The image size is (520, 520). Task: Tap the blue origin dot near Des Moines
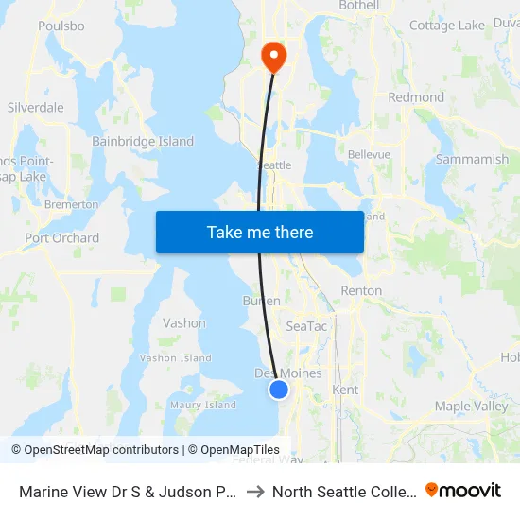tap(279, 389)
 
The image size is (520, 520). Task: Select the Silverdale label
tap(36, 108)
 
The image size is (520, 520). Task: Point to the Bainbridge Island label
tap(143, 142)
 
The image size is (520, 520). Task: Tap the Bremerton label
tap(71, 204)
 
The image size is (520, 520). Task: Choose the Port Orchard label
tap(62, 238)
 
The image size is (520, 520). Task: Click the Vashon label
tap(184, 323)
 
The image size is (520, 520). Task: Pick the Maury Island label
tap(203, 406)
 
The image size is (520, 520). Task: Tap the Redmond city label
tap(416, 97)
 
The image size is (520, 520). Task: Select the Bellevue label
tap(369, 154)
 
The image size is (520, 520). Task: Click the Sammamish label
tap(472, 160)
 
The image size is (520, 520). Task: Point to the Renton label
tap(361, 291)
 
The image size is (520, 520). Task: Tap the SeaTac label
tap(306, 325)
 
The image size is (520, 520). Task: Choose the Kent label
tap(345, 390)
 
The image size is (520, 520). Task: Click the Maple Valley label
tap(471, 407)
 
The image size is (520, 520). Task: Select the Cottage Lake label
tap(447, 26)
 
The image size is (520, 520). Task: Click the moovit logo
tap(463, 490)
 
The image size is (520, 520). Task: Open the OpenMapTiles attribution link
tap(234, 450)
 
